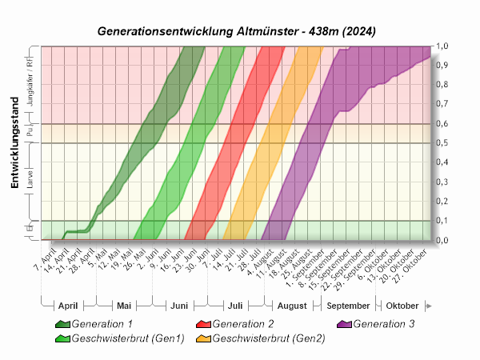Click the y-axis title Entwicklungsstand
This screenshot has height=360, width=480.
click(14, 145)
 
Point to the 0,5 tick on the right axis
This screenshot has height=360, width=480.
click(442, 143)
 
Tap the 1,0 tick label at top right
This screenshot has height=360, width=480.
click(442, 46)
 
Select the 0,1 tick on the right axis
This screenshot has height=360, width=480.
click(442, 221)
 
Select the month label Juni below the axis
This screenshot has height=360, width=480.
click(179, 306)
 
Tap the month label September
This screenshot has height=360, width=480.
click(348, 306)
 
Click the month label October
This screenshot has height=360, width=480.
click(402, 306)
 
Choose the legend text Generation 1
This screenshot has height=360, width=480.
click(102, 324)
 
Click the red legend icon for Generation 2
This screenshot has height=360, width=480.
click(203, 324)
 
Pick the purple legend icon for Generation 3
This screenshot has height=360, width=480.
click(343, 324)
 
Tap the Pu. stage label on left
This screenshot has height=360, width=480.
click(30, 133)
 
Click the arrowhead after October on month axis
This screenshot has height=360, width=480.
click(430, 306)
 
